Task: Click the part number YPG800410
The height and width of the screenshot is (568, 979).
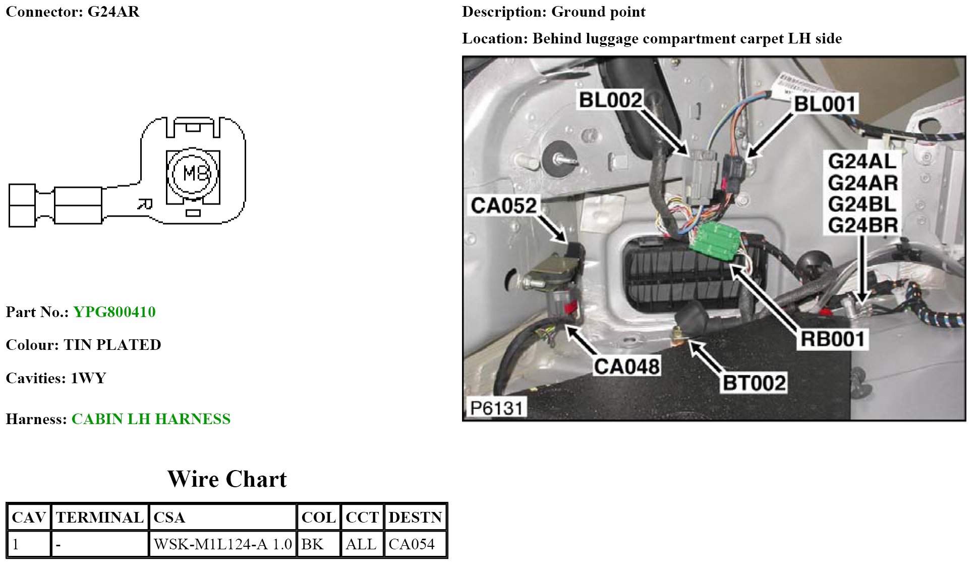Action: click(x=114, y=312)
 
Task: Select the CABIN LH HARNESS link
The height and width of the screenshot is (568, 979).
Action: click(x=151, y=419)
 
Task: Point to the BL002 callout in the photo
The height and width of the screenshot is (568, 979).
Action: click(x=610, y=100)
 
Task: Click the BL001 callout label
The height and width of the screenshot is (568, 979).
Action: click(x=825, y=104)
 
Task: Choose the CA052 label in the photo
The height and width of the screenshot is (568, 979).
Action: click(x=503, y=205)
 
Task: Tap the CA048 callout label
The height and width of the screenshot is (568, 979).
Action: click(x=626, y=367)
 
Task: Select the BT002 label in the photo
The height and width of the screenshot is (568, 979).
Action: click(x=754, y=383)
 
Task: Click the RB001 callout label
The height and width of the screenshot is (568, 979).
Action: click(x=832, y=339)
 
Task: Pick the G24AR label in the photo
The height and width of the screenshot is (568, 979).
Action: click(x=862, y=183)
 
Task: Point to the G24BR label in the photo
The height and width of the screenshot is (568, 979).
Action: click(x=862, y=225)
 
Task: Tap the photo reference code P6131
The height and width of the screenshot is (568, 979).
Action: click(x=496, y=407)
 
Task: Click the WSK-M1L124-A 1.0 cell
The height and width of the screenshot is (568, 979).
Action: click(x=222, y=544)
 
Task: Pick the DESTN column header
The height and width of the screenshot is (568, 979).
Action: click(x=415, y=518)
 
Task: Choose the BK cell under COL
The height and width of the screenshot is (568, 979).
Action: click(x=313, y=544)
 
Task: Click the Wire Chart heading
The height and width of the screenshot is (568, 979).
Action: click(x=227, y=479)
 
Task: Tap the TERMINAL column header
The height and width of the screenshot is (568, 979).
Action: click(x=100, y=518)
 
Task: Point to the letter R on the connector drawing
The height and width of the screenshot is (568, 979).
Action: click(x=145, y=204)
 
